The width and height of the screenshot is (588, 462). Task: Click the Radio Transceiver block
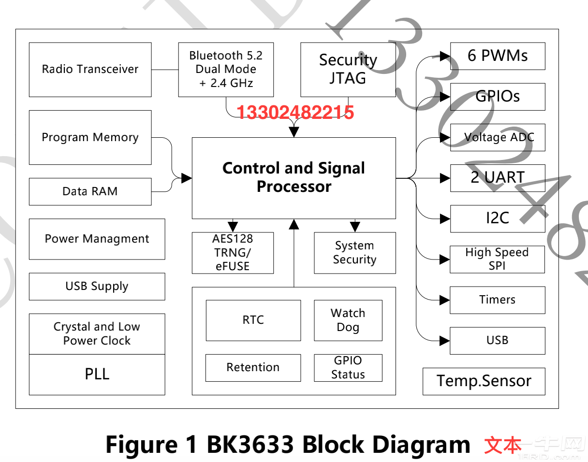coord(90,70)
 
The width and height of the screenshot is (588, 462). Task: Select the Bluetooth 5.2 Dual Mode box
coord(226,70)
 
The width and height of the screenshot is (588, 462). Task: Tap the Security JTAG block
coord(348,70)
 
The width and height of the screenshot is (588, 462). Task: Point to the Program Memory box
coord(90,137)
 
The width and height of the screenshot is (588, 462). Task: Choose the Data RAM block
coord(90,191)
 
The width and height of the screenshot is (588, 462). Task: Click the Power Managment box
coord(97,239)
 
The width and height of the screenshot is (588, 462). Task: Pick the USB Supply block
coord(97,286)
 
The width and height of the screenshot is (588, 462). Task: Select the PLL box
coord(97,374)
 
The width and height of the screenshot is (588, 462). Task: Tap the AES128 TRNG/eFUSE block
coord(233,253)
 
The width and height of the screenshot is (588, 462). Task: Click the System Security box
coord(354,253)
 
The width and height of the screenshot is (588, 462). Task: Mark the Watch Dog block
coord(348,320)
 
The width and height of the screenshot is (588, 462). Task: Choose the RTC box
coord(253,320)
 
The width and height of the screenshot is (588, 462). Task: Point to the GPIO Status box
coord(348,368)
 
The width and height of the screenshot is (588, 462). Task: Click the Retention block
coord(253,368)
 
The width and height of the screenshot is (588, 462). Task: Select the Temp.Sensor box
coord(484,381)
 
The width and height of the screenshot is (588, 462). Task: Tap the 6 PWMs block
coord(497,56)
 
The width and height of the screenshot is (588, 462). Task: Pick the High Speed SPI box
coord(497,260)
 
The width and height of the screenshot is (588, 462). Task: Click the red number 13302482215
coord(295,113)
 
